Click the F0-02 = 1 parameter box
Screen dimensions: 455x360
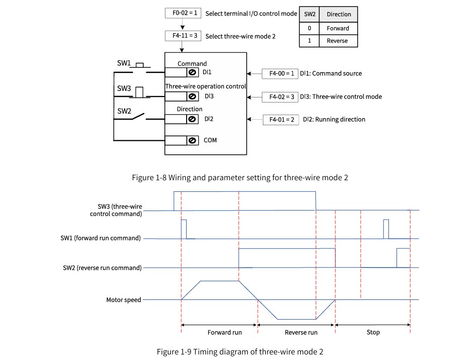pyautogui.click(x=183, y=13)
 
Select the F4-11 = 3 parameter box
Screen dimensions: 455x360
pyautogui.click(x=183, y=36)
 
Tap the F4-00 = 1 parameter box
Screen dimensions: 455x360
pyautogui.click(x=280, y=74)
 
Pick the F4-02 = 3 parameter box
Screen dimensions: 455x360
pyautogui.click(x=280, y=97)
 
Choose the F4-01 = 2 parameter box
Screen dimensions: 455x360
pyautogui.click(x=280, y=120)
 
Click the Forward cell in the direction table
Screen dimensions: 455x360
pyautogui.click(x=338, y=28)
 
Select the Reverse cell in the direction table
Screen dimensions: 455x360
pyautogui.click(x=338, y=41)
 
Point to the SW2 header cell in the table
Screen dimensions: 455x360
pyautogui.click(x=309, y=14)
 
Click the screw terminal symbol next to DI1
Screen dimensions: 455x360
pyautogui.click(x=192, y=72)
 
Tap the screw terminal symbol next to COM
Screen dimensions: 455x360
pyautogui.click(x=192, y=141)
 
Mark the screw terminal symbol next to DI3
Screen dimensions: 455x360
pyautogui.click(x=192, y=96)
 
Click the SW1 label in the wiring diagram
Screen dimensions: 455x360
pyautogui.click(x=124, y=63)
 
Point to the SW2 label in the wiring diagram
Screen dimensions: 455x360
pyautogui.click(x=124, y=111)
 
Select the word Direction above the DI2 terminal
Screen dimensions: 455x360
pyautogui.click(x=190, y=109)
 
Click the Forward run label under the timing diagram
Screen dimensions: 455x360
pyautogui.click(x=224, y=332)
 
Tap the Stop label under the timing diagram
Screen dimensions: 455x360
pyautogui.click(x=373, y=332)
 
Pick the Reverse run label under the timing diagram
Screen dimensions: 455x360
pyautogui.click(x=301, y=332)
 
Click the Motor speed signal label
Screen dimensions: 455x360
pyautogui.click(x=124, y=300)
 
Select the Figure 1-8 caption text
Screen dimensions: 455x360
pyautogui.click(x=240, y=178)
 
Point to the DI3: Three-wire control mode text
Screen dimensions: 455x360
pyautogui.click(x=341, y=97)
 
